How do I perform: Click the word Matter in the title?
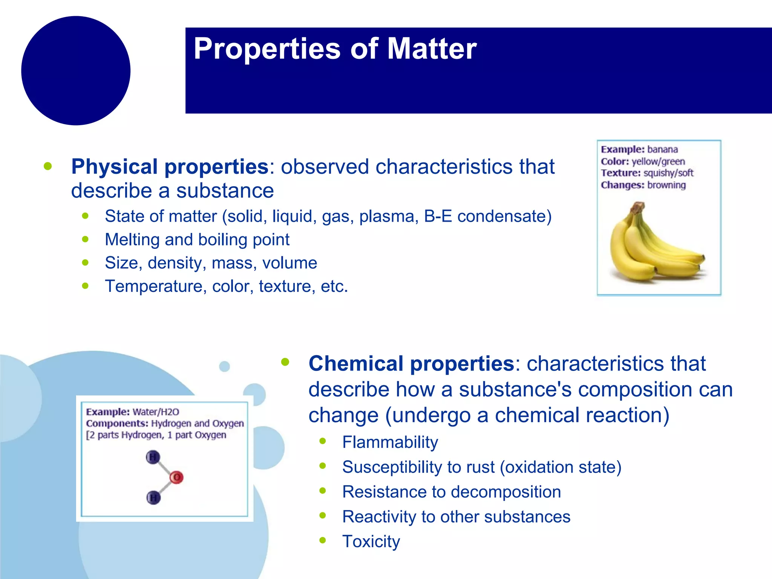click(432, 49)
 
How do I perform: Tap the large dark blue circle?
click(76, 70)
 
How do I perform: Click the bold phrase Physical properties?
click(170, 167)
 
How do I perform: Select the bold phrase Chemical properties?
click(411, 364)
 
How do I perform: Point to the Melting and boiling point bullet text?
click(197, 240)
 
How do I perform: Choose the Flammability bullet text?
click(390, 442)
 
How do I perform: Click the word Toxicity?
click(371, 542)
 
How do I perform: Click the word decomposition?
click(506, 492)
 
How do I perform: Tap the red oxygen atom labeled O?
click(176, 478)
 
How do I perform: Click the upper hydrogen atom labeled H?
click(153, 457)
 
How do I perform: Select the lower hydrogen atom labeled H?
click(153, 498)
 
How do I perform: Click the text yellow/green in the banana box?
click(658, 162)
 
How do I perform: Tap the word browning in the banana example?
click(666, 185)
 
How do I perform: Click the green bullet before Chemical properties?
click(285, 362)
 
